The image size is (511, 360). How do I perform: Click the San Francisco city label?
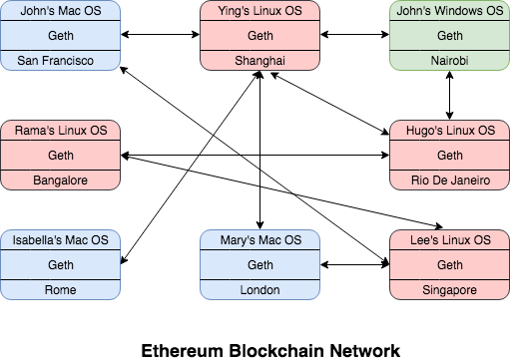pos(61,61)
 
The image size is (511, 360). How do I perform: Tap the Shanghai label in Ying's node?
pos(259,61)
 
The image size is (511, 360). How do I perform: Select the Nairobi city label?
pos(450,61)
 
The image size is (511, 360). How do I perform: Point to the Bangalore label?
pos(61,180)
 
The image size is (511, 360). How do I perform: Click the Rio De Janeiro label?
pos(450,180)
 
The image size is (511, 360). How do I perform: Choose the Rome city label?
pos(61,289)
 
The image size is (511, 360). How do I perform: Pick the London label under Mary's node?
pos(259,289)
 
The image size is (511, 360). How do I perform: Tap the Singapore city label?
pos(450,289)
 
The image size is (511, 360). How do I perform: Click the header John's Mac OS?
pos(61,13)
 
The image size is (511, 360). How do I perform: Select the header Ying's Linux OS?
pos(259,13)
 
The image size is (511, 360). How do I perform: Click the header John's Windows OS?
pos(450,13)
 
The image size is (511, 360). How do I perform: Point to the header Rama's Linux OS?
pos(61,132)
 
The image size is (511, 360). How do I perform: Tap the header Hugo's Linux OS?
pos(450,132)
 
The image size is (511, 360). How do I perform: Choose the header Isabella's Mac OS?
pos(61,241)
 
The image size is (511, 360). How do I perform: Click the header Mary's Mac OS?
pos(259,241)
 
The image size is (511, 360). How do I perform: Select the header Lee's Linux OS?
pos(450,241)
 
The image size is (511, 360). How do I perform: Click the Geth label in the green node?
pos(450,37)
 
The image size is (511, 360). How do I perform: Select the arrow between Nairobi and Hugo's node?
pos(450,96)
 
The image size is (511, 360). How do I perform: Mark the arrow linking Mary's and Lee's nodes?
pos(354,265)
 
